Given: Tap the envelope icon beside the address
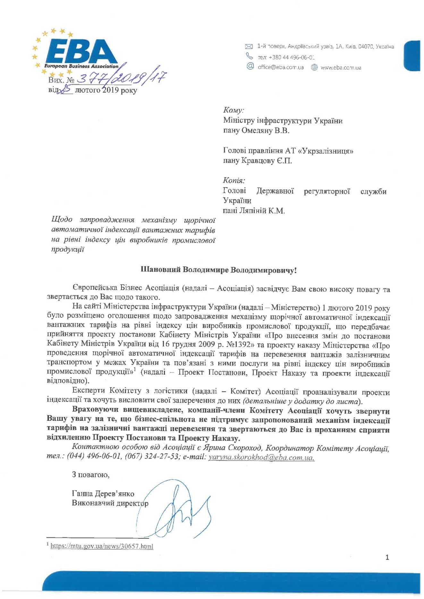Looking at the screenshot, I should [249, 47].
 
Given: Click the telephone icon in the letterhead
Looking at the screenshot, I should [249, 56].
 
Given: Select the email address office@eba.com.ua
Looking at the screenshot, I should [280, 68].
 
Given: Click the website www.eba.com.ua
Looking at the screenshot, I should [341, 68].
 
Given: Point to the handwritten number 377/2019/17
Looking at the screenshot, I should [122, 77].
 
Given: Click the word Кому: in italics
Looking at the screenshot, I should [233, 110].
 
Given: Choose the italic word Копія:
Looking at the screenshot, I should [234, 180].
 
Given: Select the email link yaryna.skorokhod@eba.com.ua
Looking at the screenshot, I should [261, 457].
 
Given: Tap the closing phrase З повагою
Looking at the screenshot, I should [91, 474].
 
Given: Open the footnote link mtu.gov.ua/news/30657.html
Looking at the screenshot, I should [102, 546].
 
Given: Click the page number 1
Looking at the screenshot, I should [387, 557].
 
